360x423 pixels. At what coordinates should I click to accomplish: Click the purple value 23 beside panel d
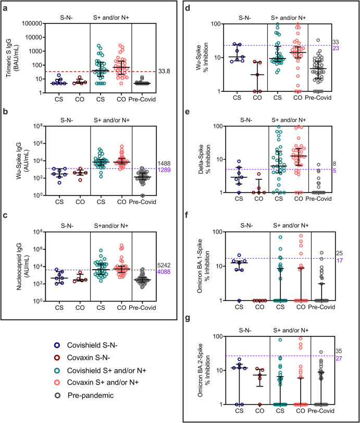tap(350, 48)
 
